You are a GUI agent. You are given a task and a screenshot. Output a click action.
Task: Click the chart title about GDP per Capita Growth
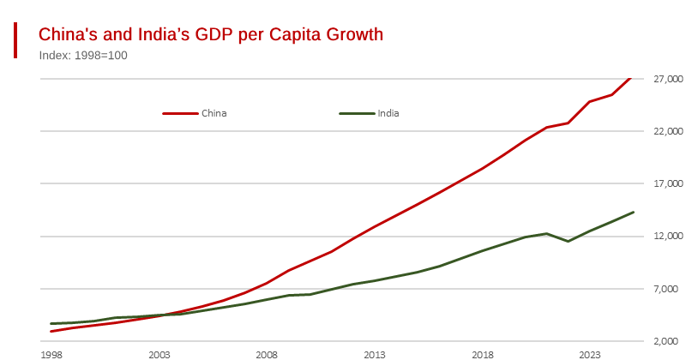[x=211, y=34]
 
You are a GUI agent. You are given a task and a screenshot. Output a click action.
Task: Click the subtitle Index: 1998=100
[x=83, y=56]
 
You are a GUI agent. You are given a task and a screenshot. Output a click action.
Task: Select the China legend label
[x=214, y=113]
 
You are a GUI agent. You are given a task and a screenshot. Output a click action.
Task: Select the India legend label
[x=388, y=113]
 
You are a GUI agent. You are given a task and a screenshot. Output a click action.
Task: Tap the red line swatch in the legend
[x=180, y=113]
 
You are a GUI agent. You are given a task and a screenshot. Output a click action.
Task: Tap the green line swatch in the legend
[x=357, y=113]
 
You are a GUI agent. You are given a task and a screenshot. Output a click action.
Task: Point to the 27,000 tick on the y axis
[x=667, y=79]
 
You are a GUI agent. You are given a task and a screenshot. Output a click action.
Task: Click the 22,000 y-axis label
[x=667, y=131]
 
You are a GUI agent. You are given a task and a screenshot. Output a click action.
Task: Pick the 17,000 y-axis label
[x=667, y=183]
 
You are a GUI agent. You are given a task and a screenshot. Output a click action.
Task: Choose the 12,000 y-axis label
[x=667, y=236]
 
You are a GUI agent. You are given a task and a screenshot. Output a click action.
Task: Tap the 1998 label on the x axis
[x=51, y=354]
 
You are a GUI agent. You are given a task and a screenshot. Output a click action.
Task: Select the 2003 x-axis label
[x=159, y=354]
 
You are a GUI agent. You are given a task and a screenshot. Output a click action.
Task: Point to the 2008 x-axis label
[x=267, y=354]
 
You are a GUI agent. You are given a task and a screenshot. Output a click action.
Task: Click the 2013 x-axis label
[x=374, y=354]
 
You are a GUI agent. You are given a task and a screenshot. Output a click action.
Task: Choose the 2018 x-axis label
[x=482, y=354]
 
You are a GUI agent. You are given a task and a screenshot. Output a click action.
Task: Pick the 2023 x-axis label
[x=589, y=354]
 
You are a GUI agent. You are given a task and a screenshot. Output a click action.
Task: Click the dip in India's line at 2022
[x=568, y=241]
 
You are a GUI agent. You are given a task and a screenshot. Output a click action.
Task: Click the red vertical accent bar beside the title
[x=15, y=40]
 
